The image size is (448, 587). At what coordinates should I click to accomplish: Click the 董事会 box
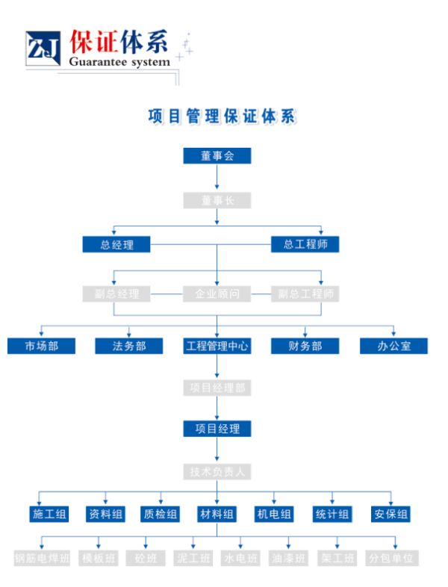point(217,155)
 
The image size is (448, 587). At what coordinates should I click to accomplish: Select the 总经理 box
point(116,244)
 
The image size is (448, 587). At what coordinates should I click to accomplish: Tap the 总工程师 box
point(305,243)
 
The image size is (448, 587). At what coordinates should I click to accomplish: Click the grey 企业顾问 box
point(217,293)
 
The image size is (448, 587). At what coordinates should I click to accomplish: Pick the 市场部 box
point(41,346)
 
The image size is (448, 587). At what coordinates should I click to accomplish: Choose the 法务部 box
point(129,346)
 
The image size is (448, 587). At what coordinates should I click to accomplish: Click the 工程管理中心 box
point(217,346)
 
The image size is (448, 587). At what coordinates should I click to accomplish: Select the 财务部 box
point(305,346)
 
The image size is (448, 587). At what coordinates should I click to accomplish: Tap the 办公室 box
point(393,346)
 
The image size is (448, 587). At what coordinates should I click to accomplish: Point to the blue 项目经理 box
point(217,429)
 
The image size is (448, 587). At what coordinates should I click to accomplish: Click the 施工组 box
point(49,514)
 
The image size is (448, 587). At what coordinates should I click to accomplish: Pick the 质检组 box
point(161,514)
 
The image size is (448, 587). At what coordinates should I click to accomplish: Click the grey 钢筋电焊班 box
point(42,558)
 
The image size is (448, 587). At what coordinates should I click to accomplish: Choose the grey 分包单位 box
point(393,558)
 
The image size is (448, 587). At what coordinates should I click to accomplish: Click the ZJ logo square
point(43,50)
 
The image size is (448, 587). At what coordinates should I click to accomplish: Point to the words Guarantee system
point(119,62)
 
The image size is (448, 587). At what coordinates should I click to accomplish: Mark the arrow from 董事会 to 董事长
point(217,178)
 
